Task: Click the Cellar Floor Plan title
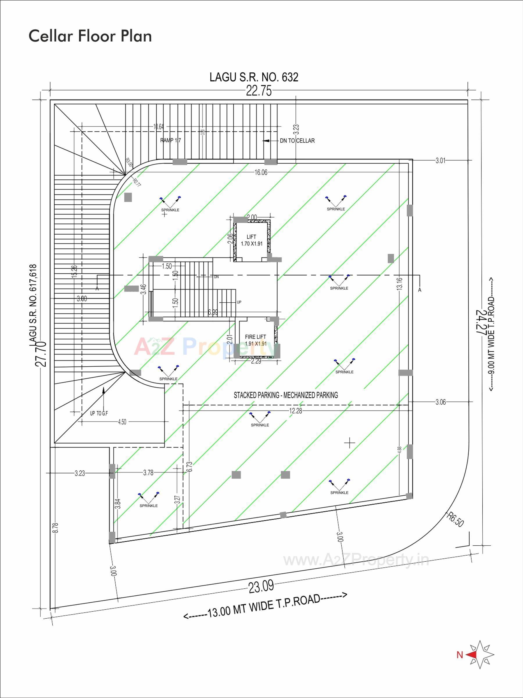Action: pyautogui.click(x=90, y=36)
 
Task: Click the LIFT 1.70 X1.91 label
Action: pyautogui.click(x=251, y=240)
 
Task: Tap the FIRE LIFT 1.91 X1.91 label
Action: pyautogui.click(x=255, y=340)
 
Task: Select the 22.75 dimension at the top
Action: pyautogui.click(x=259, y=91)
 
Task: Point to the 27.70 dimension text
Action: pyautogui.click(x=41, y=354)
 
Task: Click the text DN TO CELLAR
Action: pyautogui.click(x=297, y=141)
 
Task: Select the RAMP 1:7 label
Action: pyautogui.click(x=170, y=140)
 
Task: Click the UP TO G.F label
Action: pyautogui.click(x=99, y=413)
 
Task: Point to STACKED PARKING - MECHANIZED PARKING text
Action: pyautogui.click(x=286, y=395)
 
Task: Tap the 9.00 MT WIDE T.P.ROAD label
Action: pyautogui.click(x=491, y=335)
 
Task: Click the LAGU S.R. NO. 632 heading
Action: pyautogui.click(x=254, y=77)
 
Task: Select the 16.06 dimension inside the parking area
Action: pyautogui.click(x=261, y=172)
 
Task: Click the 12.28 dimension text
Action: pyautogui.click(x=295, y=410)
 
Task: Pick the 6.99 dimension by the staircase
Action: pyautogui.click(x=213, y=312)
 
